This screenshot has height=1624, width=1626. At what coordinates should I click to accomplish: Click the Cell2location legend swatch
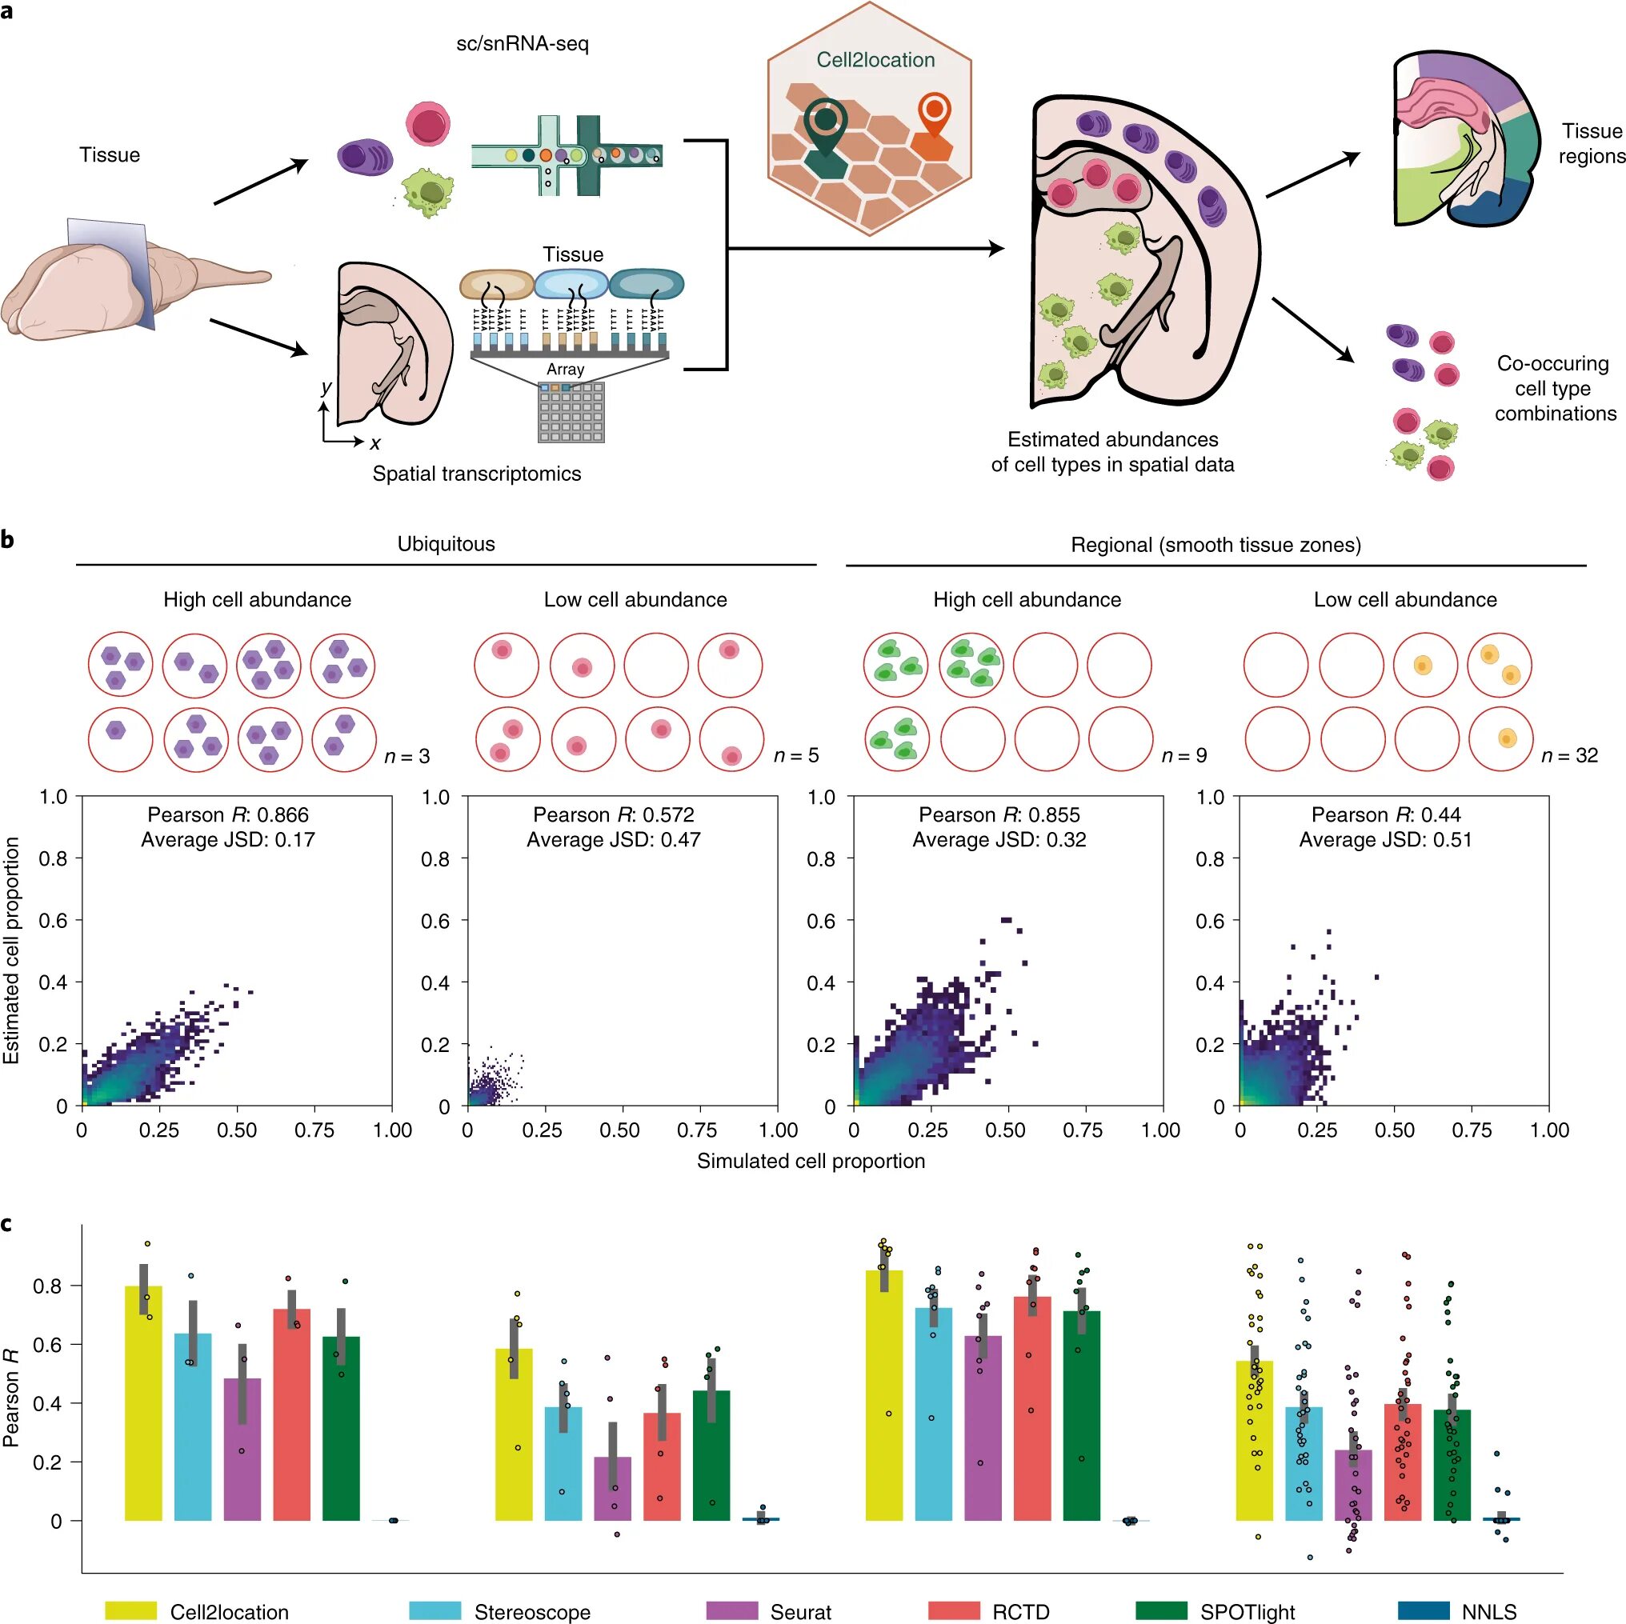(130, 1610)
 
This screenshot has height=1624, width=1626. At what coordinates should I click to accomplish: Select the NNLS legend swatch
(1424, 1610)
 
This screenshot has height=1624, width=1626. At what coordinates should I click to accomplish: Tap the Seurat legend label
(800, 1611)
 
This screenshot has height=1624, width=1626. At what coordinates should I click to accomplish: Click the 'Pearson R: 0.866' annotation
(228, 814)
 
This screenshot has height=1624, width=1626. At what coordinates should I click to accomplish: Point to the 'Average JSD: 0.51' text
(1385, 840)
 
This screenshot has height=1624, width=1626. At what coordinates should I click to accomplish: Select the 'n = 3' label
(407, 757)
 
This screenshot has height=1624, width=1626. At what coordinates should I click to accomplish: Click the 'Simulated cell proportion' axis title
(811, 1162)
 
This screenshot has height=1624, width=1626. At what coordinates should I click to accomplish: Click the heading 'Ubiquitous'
(446, 543)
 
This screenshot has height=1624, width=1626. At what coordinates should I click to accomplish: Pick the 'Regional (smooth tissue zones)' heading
(1215, 545)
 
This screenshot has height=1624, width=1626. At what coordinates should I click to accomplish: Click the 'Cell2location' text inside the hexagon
(875, 60)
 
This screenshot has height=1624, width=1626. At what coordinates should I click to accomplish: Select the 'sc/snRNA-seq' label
(522, 44)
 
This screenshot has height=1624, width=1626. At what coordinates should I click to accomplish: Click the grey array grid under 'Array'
(571, 411)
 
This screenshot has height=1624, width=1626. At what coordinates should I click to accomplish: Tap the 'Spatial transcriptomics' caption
(476, 474)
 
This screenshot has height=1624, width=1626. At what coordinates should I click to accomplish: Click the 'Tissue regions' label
(1592, 143)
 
